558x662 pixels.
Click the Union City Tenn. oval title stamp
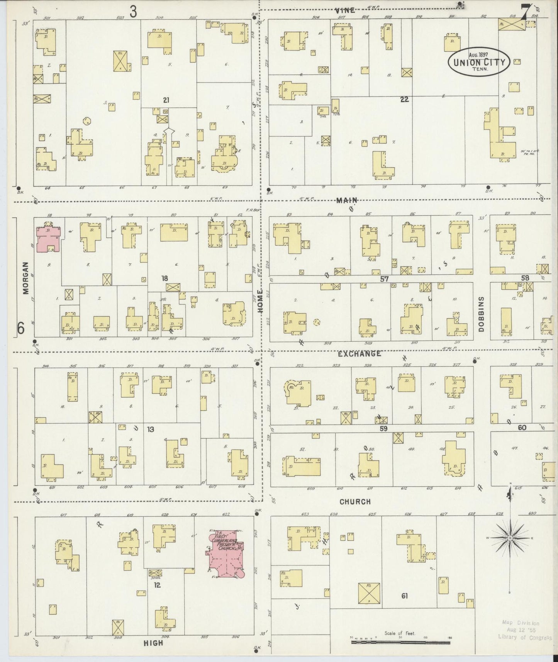coord(479,62)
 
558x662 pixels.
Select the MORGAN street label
coord(26,278)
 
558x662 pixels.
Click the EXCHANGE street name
coord(359,353)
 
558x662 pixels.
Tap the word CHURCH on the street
coord(355,501)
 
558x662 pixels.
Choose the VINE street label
coord(345,10)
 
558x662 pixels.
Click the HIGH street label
coord(153,643)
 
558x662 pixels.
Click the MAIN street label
coord(346,200)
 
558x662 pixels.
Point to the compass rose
coord(510,538)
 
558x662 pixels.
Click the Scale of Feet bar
coord(400,643)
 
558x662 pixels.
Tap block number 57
coord(384,279)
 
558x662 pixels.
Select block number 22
coord(404,99)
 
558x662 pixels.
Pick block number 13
coord(151,429)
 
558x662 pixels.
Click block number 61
coord(404,596)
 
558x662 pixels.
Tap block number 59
coord(383,428)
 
